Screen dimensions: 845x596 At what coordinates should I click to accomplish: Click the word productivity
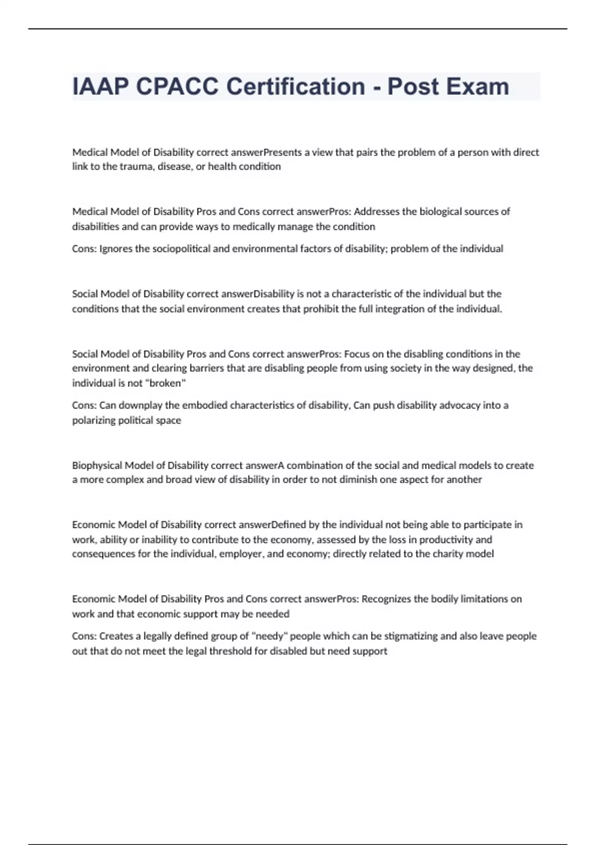point(443,539)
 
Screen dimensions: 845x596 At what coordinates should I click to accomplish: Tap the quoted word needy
point(270,636)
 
